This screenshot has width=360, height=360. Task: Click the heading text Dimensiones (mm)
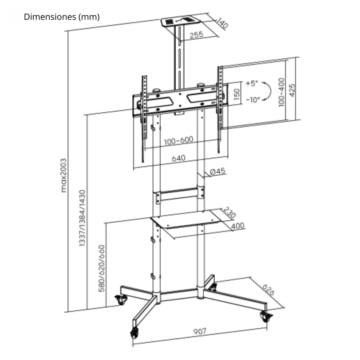[62, 17]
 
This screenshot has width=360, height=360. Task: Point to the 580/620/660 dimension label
[102, 268]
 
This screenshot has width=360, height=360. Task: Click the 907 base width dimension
[199, 331]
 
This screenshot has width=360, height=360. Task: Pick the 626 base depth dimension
[268, 290]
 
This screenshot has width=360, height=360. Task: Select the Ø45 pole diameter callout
[217, 171]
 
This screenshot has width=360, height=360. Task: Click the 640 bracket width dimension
[179, 158]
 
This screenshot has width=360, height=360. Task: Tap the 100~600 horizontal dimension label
[179, 141]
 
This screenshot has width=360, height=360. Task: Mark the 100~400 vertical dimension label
[282, 92]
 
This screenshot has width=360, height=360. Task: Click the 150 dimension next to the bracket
[237, 94]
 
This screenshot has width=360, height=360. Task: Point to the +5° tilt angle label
[252, 83]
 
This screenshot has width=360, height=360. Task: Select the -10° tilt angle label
[253, 100]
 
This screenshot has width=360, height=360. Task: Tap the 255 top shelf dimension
[196, 35]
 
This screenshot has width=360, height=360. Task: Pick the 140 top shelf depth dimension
[222, 23]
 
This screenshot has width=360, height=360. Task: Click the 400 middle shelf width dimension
[238, 226]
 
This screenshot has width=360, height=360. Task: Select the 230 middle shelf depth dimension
[229, 212]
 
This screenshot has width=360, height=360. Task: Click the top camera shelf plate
[180, 22]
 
